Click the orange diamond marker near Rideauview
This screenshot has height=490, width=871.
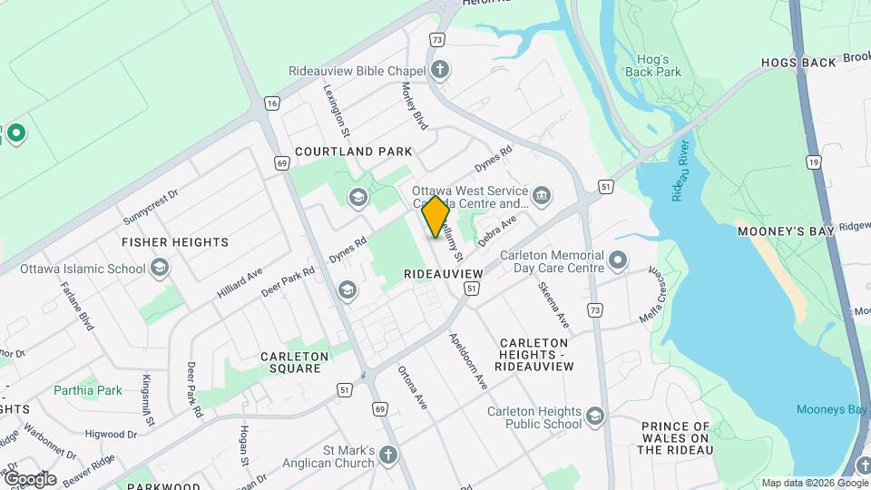pos(435,217)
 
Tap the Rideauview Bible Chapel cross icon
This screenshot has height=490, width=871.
pos(440,70)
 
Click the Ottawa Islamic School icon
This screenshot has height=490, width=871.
pos(160,268)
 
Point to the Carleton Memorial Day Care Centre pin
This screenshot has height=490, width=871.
pos(618,261)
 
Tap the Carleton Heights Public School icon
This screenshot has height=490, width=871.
pos(595,416)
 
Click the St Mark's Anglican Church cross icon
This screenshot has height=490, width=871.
pos(388,456)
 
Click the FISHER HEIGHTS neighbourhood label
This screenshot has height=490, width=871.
pos(175,242)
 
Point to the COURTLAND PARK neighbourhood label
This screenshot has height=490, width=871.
pos(353,152)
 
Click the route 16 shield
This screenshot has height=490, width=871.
pos(271,103)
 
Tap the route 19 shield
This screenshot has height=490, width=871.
pos(813,162)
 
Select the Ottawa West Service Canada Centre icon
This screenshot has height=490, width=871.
pos(542,194)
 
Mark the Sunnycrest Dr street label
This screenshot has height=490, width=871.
pos(151,208)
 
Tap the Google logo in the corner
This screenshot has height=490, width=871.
pos(30,479)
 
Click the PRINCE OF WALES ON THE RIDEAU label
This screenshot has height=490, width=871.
pos(675,437)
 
